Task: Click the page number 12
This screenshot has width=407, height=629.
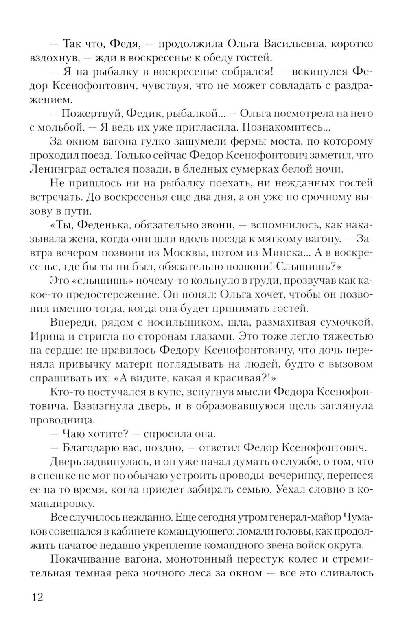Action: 37,597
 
